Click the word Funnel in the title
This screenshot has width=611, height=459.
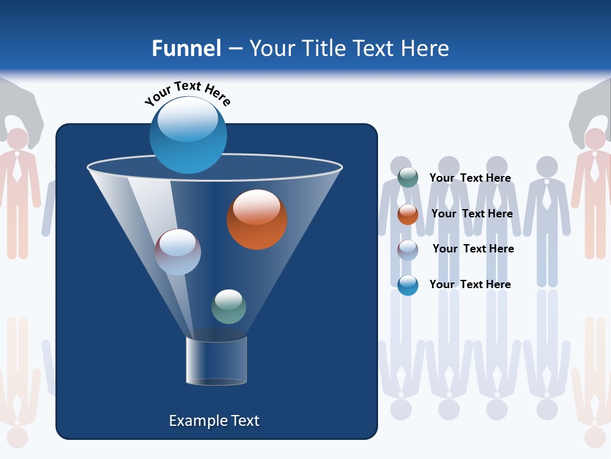point(186,48)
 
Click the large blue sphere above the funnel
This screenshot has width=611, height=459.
point(188,135)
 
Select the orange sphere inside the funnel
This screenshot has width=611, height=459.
point(257,219)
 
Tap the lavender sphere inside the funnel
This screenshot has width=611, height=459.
point(178,252)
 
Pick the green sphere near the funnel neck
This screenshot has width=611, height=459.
point(228,307)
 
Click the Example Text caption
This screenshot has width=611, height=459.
point(214,421)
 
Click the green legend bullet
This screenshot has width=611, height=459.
point(408,178)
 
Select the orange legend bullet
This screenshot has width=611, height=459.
point(408,214)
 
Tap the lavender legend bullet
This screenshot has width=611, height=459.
point(408,250)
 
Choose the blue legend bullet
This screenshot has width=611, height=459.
point(408,286)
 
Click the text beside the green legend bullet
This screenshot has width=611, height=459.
point(470,178)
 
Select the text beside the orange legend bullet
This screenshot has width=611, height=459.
point(472,214)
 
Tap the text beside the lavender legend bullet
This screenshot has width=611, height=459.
point(473,249)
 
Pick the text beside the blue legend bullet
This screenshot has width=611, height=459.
point(470,285)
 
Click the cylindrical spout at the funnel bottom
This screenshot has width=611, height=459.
point(216,361)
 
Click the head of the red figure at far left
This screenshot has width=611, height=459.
point(17,138)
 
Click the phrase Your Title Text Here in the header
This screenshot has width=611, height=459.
point(349,48)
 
